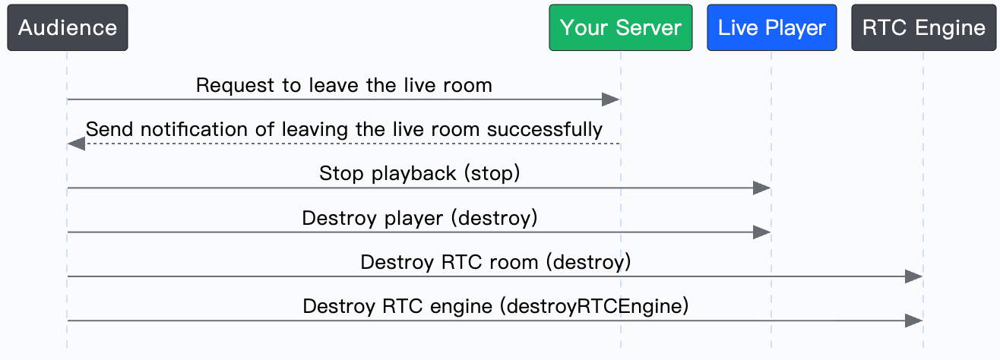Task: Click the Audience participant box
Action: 68,27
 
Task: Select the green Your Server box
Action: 621,27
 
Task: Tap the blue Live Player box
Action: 772,27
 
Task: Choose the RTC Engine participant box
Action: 924,27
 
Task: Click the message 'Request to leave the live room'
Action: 343,85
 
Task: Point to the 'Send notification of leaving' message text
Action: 343,129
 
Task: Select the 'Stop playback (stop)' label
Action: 419,173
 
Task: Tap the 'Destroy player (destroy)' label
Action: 419,218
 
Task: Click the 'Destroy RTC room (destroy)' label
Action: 495,262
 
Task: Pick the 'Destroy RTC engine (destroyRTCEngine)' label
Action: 495,307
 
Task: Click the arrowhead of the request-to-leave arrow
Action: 611,99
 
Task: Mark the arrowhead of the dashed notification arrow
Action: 76,144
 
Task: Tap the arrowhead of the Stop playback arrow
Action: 761,188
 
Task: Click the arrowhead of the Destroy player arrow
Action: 761,232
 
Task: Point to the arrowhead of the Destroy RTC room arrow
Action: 914,276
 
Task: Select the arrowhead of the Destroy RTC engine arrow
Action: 914,321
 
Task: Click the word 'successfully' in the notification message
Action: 545,130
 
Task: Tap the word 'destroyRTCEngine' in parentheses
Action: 594,307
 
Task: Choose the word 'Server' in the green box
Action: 649,27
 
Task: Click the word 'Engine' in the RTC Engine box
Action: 951,28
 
